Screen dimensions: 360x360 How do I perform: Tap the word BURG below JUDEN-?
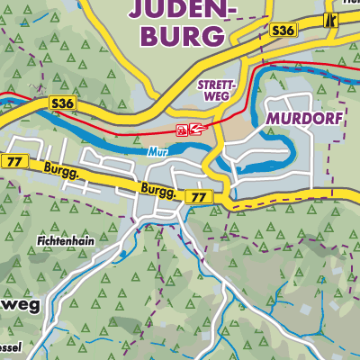[184, 36]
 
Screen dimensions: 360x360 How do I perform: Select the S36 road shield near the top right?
[283, 31]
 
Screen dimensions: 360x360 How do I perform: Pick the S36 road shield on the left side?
[63, 104]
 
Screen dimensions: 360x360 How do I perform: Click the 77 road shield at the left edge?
[13, 161]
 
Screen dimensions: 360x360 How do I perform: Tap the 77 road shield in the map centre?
[195, 196]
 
